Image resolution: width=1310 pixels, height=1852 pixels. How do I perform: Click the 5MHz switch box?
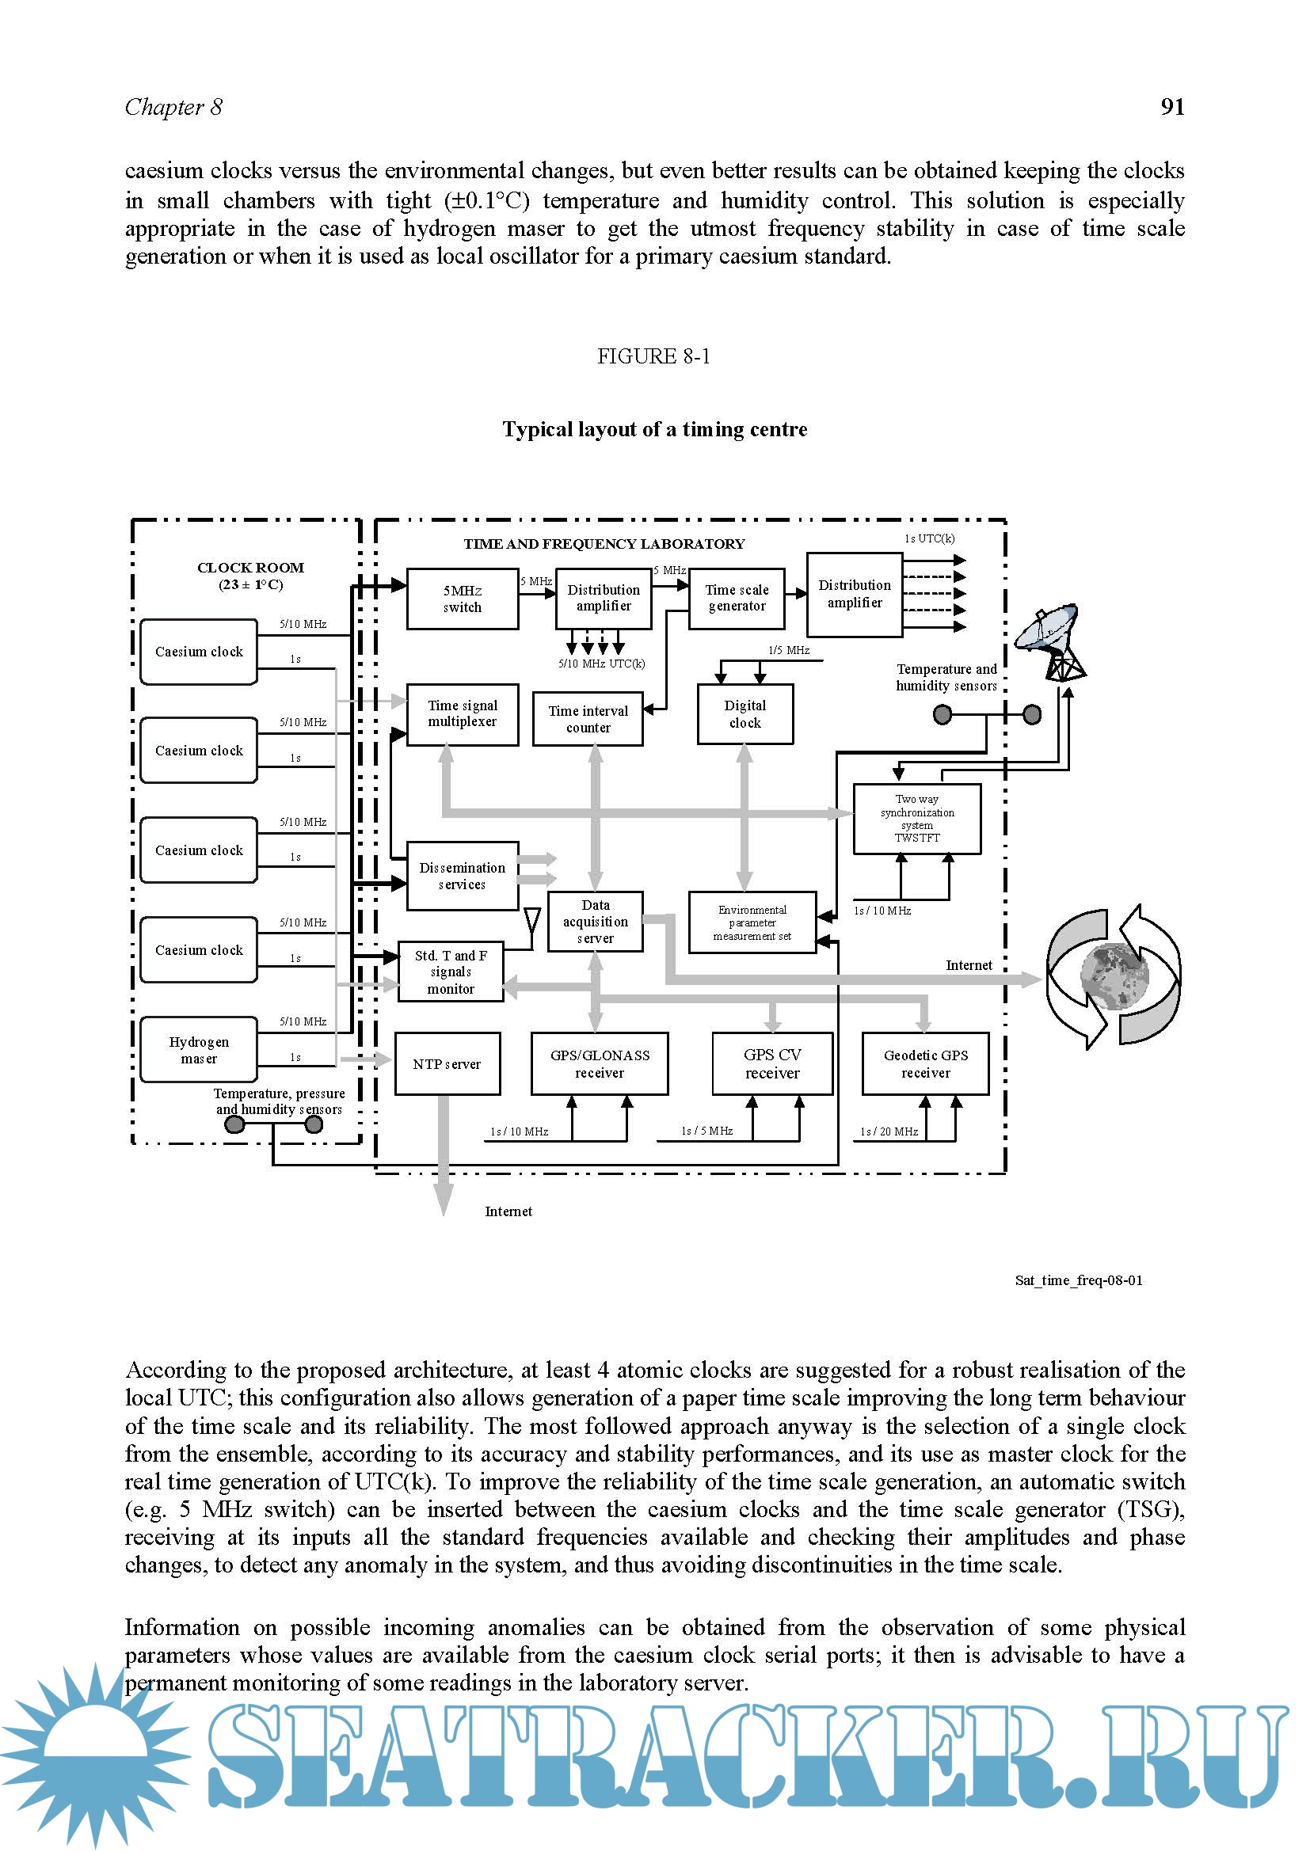(x=463, y=599)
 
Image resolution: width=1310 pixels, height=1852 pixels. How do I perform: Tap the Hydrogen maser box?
(x=199, y=1049)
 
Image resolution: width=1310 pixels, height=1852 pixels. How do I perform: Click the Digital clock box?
(x=744, y=714)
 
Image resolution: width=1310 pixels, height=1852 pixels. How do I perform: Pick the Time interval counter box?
(x=588, y=719)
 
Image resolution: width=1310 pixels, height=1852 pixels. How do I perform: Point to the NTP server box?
(x=447, y=1064)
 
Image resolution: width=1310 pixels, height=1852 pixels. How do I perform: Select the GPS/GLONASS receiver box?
(x=600, y=1064)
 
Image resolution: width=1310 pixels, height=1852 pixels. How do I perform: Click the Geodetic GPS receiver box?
(x=925, y=1064)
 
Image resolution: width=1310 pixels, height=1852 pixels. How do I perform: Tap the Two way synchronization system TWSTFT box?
(x=917, y=819)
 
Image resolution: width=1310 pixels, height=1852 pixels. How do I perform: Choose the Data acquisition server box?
(x=596, y=922)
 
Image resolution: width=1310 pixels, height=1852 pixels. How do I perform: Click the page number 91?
(x=1172, y=106)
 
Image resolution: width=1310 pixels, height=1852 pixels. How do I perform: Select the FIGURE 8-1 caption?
(x=653, y=356)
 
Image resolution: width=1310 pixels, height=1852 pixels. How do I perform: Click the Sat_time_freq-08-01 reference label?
(x=1079, y=1280)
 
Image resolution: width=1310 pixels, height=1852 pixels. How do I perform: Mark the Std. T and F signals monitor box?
(x=451, y=972)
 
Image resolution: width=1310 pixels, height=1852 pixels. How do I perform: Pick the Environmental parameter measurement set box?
(x=752, y=922)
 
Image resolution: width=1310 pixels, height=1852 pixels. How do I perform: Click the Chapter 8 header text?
(x=173, y=107)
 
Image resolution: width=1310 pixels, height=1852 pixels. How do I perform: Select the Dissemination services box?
(x=463, y=876)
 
